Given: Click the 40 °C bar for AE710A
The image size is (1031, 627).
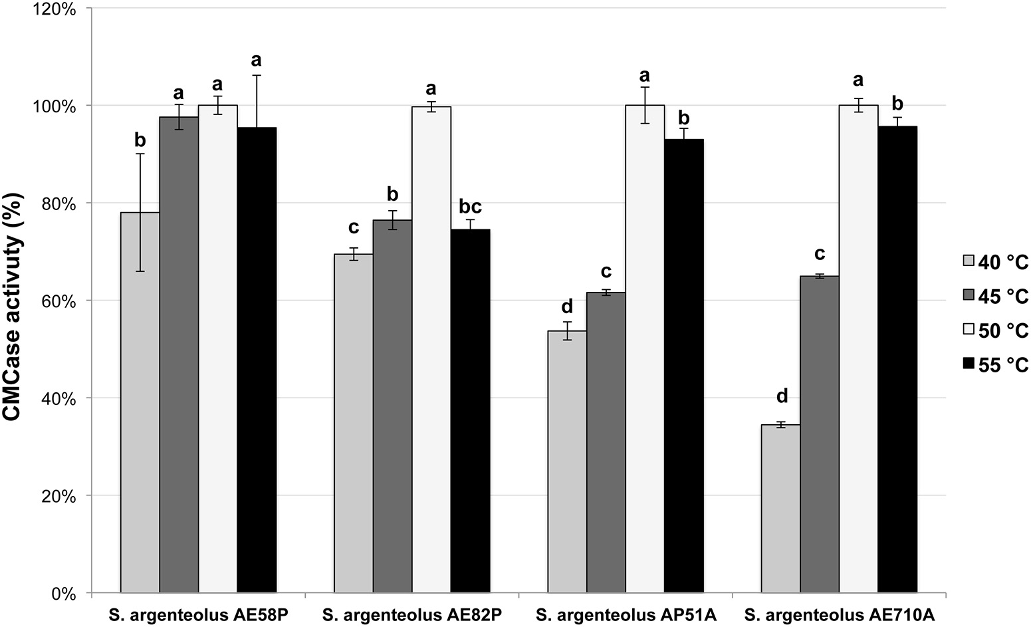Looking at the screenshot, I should coord(780,508).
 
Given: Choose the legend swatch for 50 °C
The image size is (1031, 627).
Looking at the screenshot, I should coord(968,329).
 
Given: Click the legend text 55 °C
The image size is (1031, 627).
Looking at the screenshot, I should coord(1003,364).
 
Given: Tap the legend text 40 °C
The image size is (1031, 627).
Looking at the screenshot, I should coord(1003,263).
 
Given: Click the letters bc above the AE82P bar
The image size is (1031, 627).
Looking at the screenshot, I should coord(470,205).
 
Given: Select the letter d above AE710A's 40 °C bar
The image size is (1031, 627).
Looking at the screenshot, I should coord(782,396).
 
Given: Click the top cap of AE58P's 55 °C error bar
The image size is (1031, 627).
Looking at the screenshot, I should coord(257,75).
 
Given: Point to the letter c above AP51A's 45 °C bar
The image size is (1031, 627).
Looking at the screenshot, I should coord(606,272).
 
